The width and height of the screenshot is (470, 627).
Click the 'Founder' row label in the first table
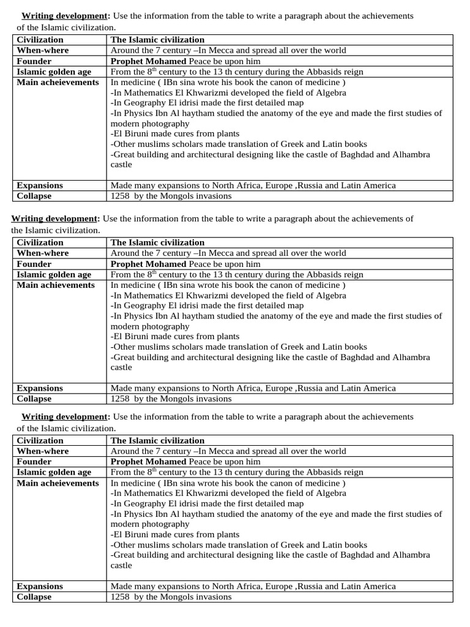click(x=34, y=61)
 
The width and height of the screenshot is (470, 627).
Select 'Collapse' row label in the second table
click(x=34, y=399)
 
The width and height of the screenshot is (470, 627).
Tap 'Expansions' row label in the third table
click(x=40, y=586)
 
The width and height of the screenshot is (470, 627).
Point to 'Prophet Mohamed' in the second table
click(x=148, y=264)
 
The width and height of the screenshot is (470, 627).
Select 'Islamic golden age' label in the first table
click(x=54, y=72)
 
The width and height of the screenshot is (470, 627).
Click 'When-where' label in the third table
click(x=43, y=451)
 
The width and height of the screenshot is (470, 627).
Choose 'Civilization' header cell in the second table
click(x=40, y=242)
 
